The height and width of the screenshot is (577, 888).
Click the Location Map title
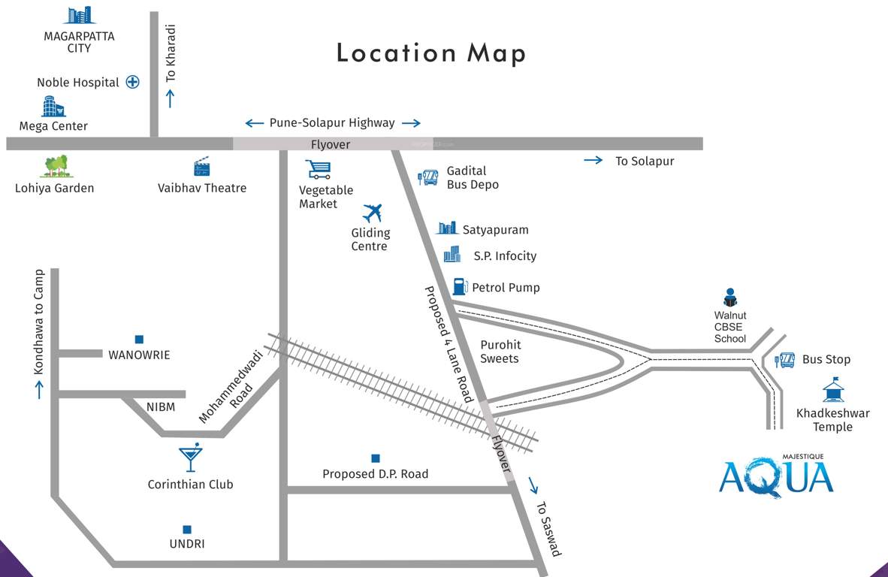430,53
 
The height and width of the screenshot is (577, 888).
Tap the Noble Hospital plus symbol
132,83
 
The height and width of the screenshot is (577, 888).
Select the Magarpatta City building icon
79,15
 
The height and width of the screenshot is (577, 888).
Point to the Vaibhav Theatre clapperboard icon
201,167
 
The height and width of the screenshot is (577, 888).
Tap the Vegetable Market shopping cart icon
318,169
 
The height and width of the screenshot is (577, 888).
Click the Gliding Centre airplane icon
372,213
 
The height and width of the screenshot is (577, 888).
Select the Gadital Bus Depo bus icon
428,178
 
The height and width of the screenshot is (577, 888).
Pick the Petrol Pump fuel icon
460,286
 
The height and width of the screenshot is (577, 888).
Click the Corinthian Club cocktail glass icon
190,458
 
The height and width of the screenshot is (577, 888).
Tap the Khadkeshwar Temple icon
832,390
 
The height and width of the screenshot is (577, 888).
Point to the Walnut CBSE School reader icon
730,298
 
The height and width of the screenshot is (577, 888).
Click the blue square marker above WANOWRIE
139,339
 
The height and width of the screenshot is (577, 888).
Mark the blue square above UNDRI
186,529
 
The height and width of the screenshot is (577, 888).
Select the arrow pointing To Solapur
594,160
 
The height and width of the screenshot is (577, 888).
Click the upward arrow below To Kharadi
170,98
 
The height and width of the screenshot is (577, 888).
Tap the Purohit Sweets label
500,352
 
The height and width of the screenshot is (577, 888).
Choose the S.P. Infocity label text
505,256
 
